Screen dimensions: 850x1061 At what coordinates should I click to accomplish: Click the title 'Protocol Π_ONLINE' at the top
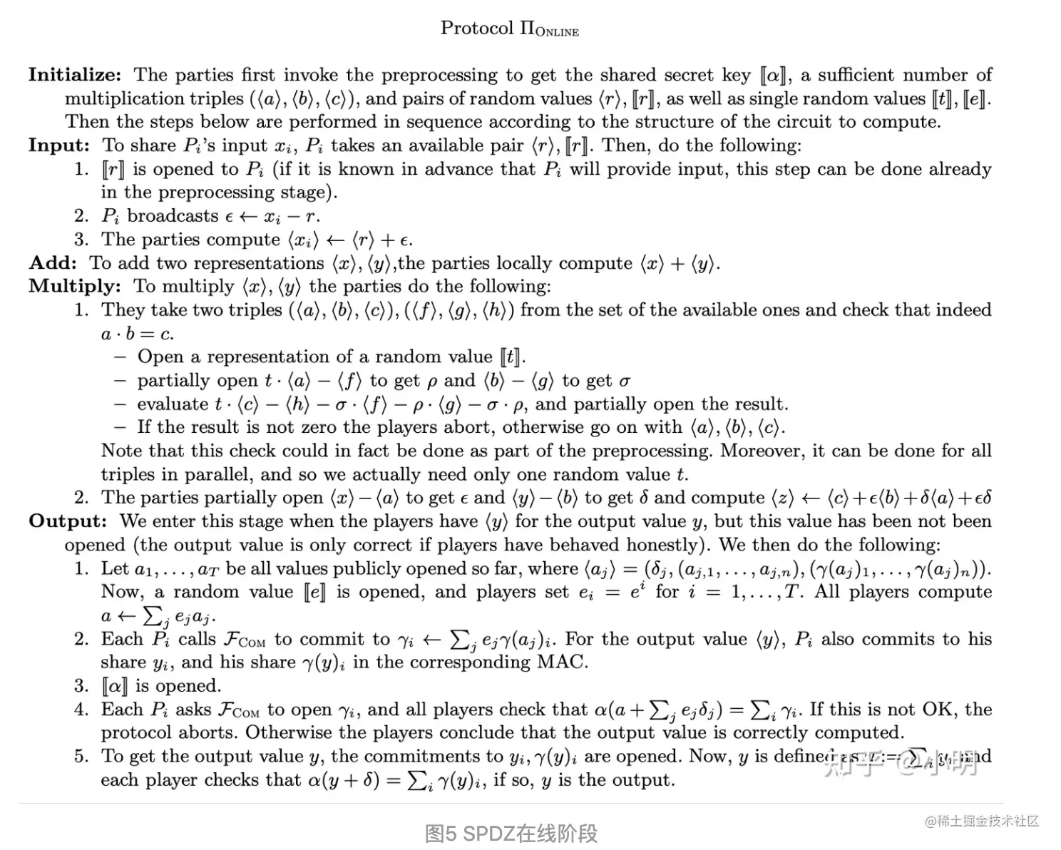pos(509,29)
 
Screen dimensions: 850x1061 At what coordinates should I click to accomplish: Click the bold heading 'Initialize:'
pos(75,75)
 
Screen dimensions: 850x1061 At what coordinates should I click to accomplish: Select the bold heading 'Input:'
pos(59,145)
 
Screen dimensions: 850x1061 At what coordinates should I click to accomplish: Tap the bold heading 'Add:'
pos(53,263)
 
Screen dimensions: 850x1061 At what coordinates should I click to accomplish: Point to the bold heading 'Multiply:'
pos(75,287)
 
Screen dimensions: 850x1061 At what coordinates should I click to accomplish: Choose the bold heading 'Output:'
pos(68,521)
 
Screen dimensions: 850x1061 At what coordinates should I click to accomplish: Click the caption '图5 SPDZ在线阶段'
pos(511,833)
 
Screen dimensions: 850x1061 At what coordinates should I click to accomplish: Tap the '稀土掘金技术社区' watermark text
pos(987,821)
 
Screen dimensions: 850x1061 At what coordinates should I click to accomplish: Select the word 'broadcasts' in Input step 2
pos(173,216)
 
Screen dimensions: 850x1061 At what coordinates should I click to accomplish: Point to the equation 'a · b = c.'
pos(137,334)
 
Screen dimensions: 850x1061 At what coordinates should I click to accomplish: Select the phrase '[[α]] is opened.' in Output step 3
pos(162,686)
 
